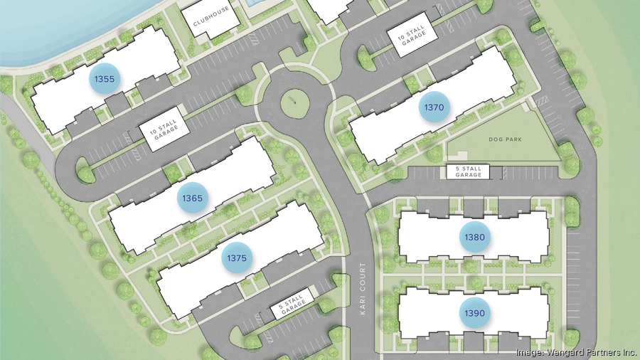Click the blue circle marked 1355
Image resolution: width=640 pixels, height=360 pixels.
point(105,79)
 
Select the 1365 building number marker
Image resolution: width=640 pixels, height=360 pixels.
point(193,197)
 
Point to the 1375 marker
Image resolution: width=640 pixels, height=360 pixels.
point(237,258)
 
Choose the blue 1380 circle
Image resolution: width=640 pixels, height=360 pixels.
point(474,237)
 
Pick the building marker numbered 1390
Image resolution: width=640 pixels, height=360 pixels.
point(474,313)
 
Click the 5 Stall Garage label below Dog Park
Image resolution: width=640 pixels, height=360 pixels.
point(469,171)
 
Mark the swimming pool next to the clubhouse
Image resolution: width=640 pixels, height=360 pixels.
point(253,3)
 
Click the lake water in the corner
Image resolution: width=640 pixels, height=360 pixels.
point(43,28)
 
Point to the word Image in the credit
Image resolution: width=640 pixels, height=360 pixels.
point(530,352)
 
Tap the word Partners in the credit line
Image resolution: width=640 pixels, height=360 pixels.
point(603,352)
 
